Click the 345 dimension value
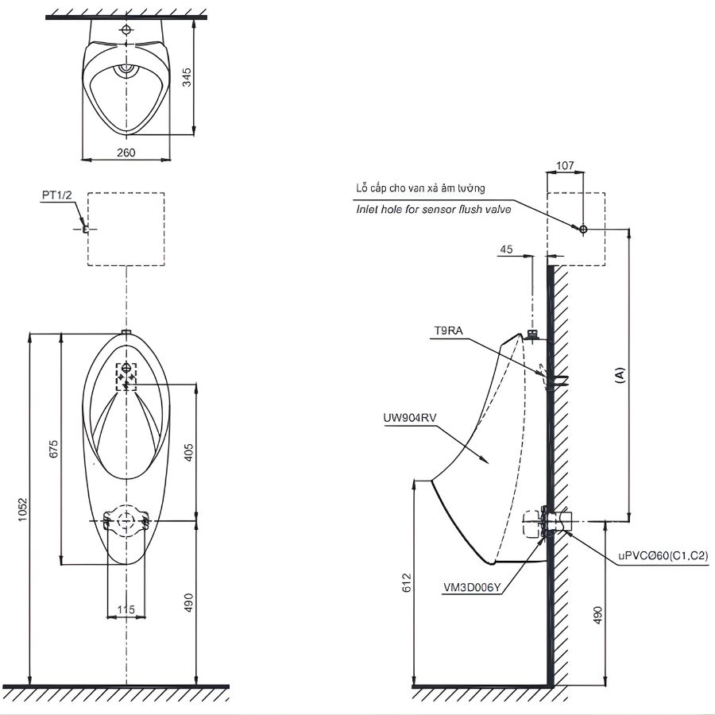point(187,77)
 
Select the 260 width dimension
point(126,153)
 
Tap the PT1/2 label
point(57,195)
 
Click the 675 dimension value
point(53,449)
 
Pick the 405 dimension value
point(188,452)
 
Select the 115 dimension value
point(126,609)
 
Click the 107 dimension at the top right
point(565,165)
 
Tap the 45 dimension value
point(507,249)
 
